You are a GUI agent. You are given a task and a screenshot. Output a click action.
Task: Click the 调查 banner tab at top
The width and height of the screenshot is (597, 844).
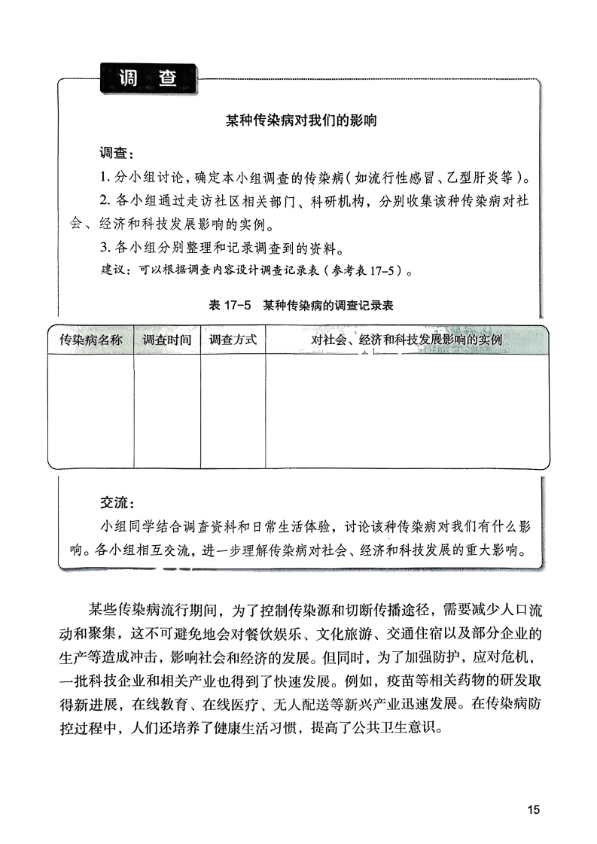tap(148, 78)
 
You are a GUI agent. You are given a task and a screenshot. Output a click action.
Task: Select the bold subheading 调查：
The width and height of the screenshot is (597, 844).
tap(117, 154)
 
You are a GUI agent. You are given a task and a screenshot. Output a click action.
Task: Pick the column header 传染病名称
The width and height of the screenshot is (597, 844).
tap(91, 340)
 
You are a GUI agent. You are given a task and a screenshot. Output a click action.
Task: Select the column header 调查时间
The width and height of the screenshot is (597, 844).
tap(167, 340)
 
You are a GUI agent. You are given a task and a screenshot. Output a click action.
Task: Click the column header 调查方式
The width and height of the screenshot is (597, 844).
tap(233, 340)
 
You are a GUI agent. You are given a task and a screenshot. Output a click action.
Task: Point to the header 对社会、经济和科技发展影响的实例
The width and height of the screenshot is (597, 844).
tap(407, 340)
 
